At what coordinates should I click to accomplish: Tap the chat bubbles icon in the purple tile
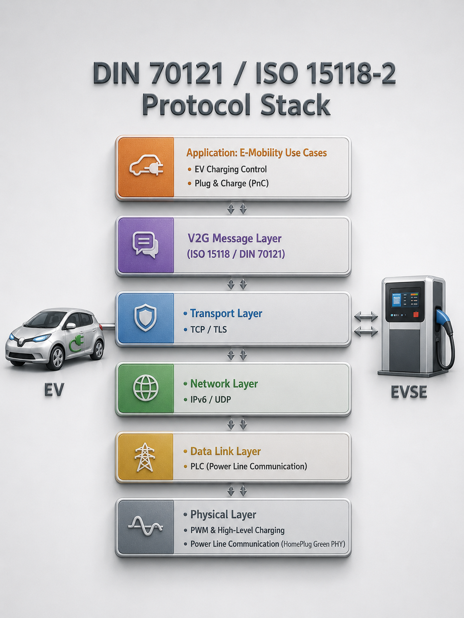pyautogui.click(x=145, y=245)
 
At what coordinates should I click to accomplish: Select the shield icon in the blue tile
pyautogui.click(x=145, y=318)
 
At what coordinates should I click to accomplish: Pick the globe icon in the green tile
pyautogui.click(x=146, y=388)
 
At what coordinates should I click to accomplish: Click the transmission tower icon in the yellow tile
pyautogui.click(x=145, y=457)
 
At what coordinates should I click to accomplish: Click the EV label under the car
pyautogui.click(x=54, y=389)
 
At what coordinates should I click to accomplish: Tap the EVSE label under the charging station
pyautogui.click(x=409, y=391)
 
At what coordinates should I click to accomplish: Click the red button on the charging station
pyautogui.click(x=416, y=315)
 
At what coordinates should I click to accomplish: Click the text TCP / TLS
pyautogui.click(x=209, y=329)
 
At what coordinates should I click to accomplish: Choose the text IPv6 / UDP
pyautogui.click(x=211, y=399)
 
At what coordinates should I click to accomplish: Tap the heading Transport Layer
pyautogui.click(x=226, y=313)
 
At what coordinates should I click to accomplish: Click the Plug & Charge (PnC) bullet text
pyautogui.click(x=232, y=183)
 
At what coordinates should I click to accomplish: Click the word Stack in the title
pyautogui.click(x=295, y=104)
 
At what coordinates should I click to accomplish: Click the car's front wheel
pyautogui.click(x=57, y=358)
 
